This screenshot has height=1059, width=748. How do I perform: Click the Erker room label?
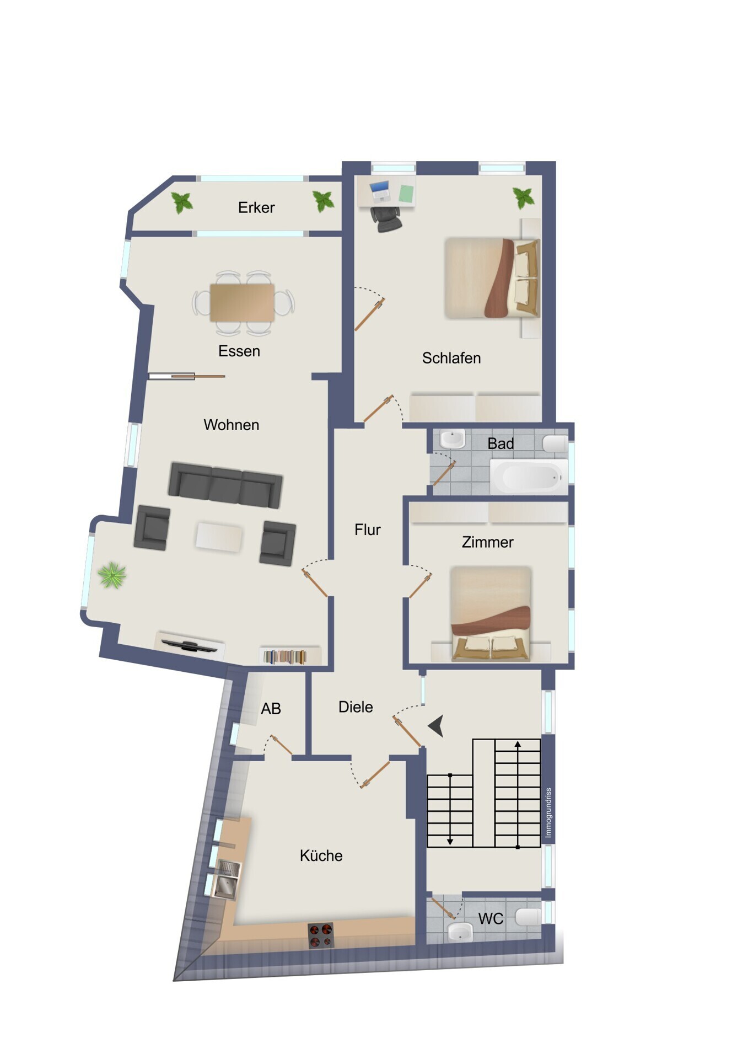pos(256,207)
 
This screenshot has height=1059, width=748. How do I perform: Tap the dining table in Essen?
pos(242,302)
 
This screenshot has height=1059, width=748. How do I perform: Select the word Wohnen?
pos(232,425)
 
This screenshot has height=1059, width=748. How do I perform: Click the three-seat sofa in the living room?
pos(225,485)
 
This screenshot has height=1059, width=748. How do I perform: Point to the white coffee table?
pos(219,537)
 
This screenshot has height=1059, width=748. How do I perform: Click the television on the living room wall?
pos(189,645)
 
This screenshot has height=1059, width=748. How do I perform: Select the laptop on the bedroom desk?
pos(380,191)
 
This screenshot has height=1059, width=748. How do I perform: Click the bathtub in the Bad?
pos(529,477)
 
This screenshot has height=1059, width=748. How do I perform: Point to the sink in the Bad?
pos(453,440)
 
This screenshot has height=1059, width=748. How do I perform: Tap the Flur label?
pos(368,529)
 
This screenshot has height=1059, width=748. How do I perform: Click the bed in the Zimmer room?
pos(491,613)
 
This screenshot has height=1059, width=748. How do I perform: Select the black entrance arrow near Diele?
pos(437,726)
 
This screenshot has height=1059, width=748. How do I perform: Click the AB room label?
pos(271,709)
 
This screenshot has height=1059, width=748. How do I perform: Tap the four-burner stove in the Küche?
pos(321,935)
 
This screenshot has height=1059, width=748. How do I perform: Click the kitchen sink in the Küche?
pos(227,879)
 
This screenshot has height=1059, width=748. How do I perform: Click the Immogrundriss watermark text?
pos(548,812)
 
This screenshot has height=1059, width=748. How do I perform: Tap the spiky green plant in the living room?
pos(112,575)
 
